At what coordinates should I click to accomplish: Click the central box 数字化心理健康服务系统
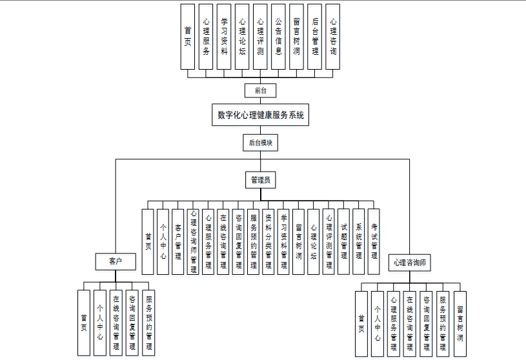[x=261, y=115]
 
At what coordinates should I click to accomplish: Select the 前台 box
[x=261, y=90]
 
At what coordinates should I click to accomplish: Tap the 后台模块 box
[x=261, y=143]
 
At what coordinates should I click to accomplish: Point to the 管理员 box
[x=261, y=180]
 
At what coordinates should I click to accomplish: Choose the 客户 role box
[x=116, y=261]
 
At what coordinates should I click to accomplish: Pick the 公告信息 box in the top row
[x=278, y=36]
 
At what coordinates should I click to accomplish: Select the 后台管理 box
[x=314, y=36]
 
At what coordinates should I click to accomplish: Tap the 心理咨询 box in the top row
[x=332, y=36]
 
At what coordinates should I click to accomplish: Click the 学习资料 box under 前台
[x=224, y=36]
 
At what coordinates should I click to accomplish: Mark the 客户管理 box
[x=178, y=241]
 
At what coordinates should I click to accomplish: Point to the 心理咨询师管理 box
[x=194, y=241]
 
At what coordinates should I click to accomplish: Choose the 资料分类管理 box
[x=268, y=241]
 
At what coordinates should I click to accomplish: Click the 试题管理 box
[x=344, y=241]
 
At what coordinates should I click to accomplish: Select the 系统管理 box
[x=359, y=241]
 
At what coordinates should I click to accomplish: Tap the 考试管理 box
[x=374, y=241]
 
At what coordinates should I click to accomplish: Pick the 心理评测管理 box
[x=329, y=241]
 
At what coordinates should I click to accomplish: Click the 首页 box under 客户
[x=83, y=323]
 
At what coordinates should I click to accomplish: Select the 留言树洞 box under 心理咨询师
[x=460, y=323]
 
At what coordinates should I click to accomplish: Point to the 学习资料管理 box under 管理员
[x=284, y=241]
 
